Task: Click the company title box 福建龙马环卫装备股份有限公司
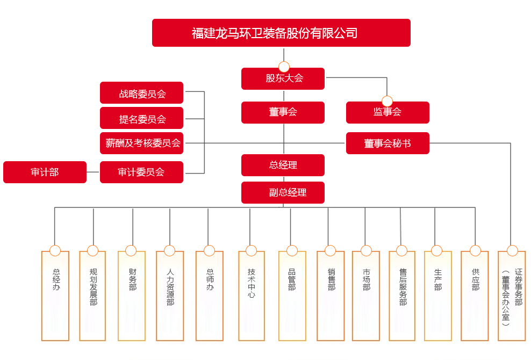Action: pos(281,33)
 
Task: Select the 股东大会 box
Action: pos(283,78)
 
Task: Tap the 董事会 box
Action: pos(283,112)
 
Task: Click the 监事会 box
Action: pos(388,112)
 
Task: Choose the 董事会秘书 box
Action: pos(388,143)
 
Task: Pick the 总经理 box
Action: pos(283,165)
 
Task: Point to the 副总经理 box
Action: pos(283,192)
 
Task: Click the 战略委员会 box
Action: pos(142,93)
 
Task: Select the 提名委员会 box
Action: pos(142,118)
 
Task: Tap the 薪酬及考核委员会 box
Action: pos(142,143)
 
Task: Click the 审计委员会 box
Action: pos(142,172)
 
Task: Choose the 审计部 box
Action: pos(45,172)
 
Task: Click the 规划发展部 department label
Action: pos(93,287)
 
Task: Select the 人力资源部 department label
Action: pos(170,287)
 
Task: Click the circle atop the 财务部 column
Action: pos(131,250)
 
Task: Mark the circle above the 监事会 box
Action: pos(387,101)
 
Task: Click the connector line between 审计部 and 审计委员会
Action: pos(93,172)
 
